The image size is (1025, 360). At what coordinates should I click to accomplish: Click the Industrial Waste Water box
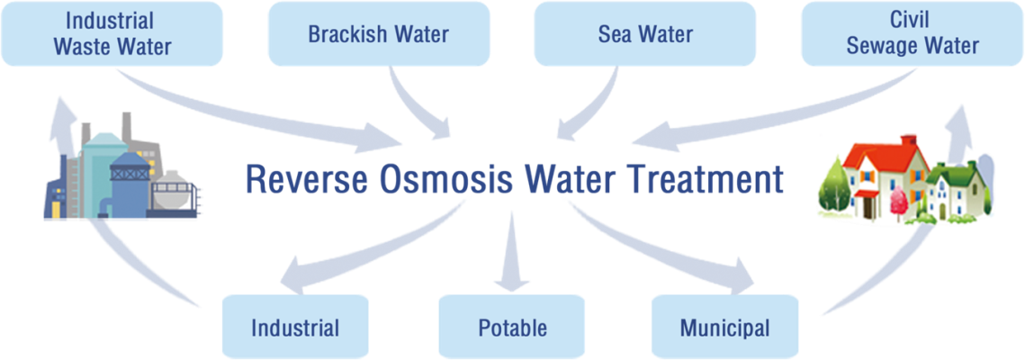coord(111,33)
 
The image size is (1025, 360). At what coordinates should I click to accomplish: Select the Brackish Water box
coord(378,34)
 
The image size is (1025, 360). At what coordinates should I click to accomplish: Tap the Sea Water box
coord(645,34)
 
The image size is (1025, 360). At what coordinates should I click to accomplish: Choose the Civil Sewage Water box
coord(912,33)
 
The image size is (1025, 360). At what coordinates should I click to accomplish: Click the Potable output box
coord(512,327)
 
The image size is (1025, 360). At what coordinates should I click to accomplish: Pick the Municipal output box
coord(724,327)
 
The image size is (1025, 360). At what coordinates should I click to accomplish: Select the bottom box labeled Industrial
coord(295,327)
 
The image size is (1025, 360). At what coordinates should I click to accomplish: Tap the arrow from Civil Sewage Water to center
coord(765,117)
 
